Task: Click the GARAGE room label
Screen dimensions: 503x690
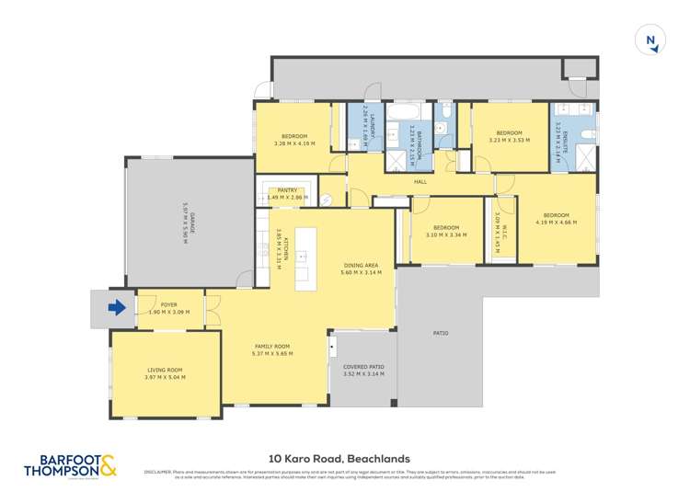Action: (185, 222)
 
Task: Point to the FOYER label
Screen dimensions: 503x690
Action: (169, 304)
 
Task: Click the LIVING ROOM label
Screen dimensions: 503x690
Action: (165, 371)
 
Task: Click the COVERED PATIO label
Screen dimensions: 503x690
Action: (362, 367)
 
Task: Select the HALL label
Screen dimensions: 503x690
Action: (420, 182)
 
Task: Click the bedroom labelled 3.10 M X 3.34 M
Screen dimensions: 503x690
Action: (446, 231)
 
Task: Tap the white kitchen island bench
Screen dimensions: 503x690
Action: (306, 258)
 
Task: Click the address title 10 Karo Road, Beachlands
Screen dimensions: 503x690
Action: (339, 458)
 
